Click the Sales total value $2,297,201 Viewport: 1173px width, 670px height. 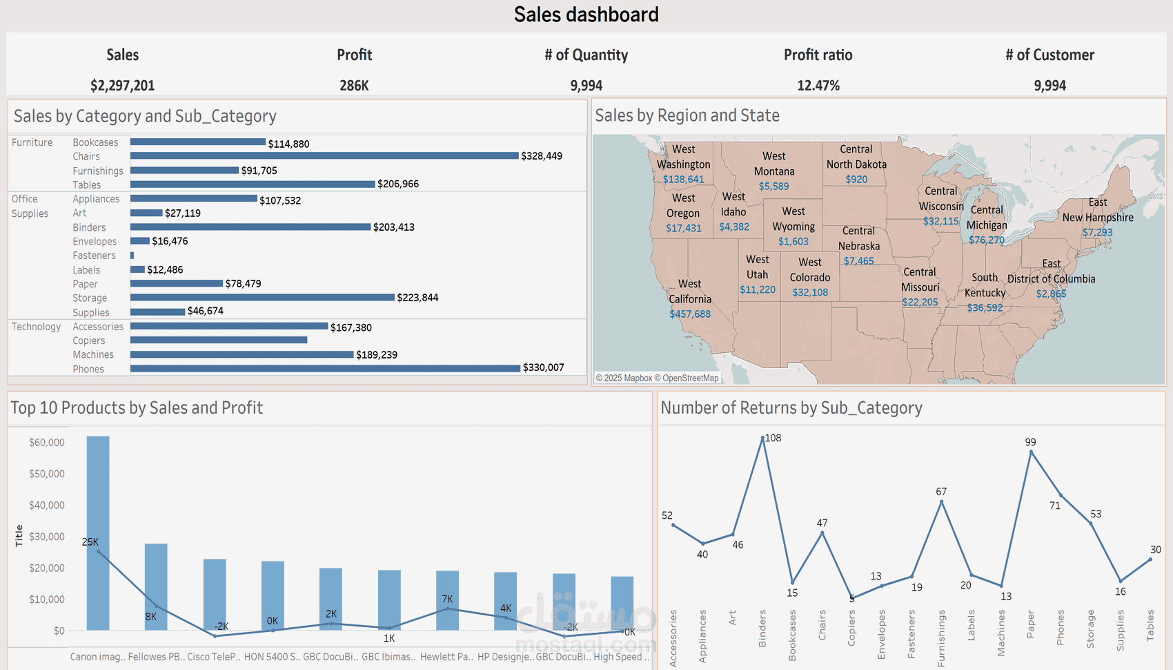tap(122, 86)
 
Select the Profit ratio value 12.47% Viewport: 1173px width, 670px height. tap(818, 86)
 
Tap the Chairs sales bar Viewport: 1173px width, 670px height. tap(324, 156)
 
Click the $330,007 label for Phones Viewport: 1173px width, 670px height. tap(543, 367)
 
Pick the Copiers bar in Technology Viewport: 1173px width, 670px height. tap(219, 340)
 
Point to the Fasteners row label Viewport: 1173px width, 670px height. tap(95, 256)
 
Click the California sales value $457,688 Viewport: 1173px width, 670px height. tap(690, 314)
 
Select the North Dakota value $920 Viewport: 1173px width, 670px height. tap(856, 179)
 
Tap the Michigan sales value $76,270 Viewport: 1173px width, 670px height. tap(986, 240)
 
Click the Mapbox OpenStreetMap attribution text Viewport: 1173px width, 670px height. tap(658, 378)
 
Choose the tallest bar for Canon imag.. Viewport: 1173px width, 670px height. tap(98, 533)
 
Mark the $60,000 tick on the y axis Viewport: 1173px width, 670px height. tap(47, 442)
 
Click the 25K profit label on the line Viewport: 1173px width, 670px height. tap(90, 542)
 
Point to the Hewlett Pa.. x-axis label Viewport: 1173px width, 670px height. tap(446, 657)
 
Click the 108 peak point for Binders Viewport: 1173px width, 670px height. tap(762, 438)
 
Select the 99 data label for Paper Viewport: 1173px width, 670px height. tap(1030, 442)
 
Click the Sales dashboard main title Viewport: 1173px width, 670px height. tap(586, 15)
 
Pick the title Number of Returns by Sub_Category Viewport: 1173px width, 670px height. tap(791, 408)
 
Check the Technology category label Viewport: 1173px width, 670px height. tap(36, 327)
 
